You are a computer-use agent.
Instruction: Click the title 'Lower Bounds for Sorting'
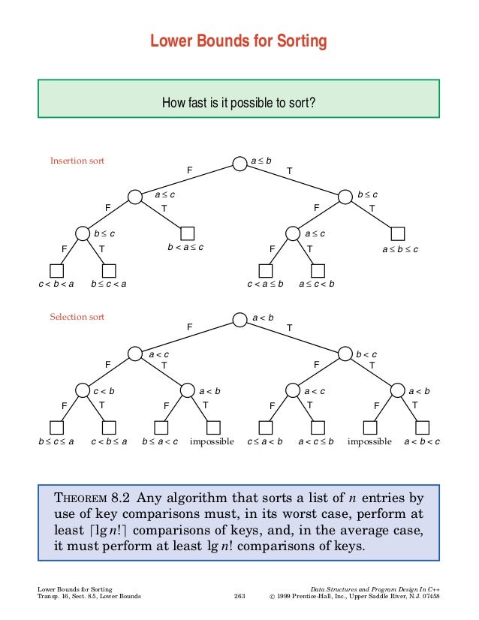click(239, 41)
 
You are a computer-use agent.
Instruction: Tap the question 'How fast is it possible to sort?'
click(239, 101)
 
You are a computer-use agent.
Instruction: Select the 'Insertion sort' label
click(77, 161)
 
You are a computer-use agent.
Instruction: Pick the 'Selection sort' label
click(77, 317)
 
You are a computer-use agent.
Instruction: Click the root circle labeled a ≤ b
click(239, 163)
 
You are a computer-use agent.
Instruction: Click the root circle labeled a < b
click(239, 320)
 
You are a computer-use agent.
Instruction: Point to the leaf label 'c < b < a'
click(56, 284)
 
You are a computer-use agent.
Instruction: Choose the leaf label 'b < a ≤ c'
click(185, 248)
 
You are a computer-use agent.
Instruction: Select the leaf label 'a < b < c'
click(421, 441)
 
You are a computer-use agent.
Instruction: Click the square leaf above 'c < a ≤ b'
click(265, 269)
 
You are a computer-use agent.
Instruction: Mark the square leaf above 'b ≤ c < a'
click(109, 269)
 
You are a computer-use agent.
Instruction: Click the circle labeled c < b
click(83, 390)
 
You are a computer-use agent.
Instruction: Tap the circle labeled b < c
click(345, 354)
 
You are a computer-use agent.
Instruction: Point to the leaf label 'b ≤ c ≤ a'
click(56, 441)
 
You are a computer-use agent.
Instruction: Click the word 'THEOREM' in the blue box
click(81, 498)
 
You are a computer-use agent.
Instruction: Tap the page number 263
click(239, 597)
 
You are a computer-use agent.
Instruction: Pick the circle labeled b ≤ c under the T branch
click(345, 197)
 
